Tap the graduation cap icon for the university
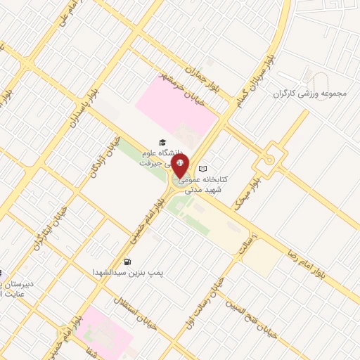(x=162, y=141)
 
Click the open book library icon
(x=203, y=169)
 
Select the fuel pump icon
(x=127, y=262)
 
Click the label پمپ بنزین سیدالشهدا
(x=130, y=271)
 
